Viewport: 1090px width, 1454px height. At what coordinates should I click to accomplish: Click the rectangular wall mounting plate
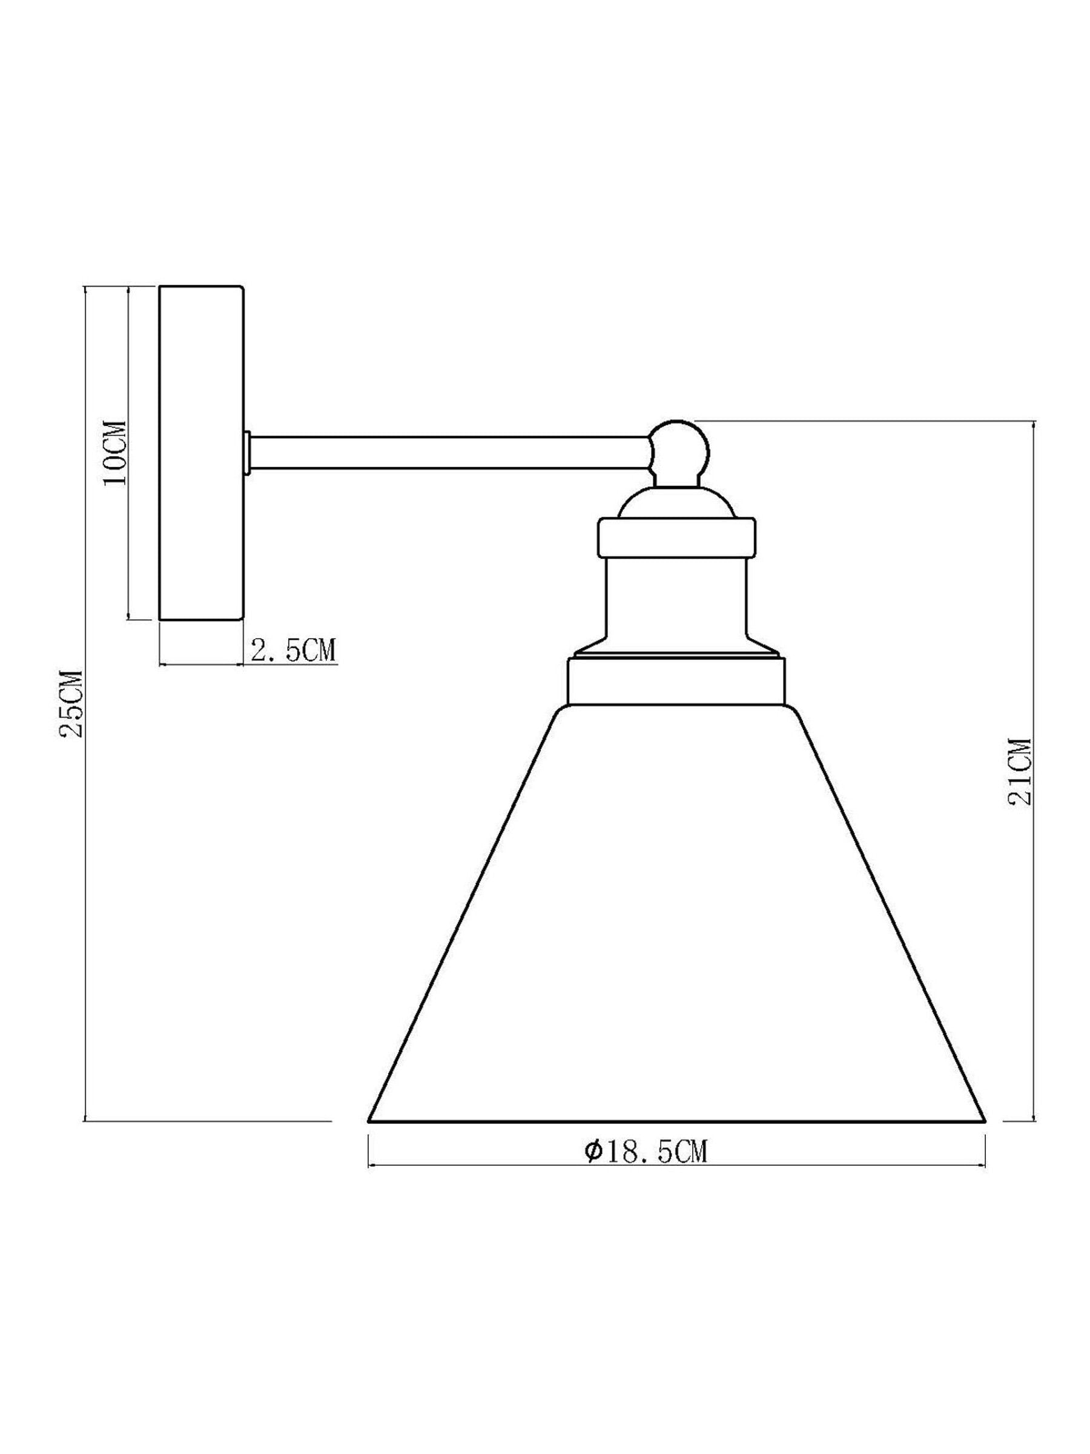202,452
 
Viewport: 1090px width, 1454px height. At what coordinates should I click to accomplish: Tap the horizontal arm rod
451,452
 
